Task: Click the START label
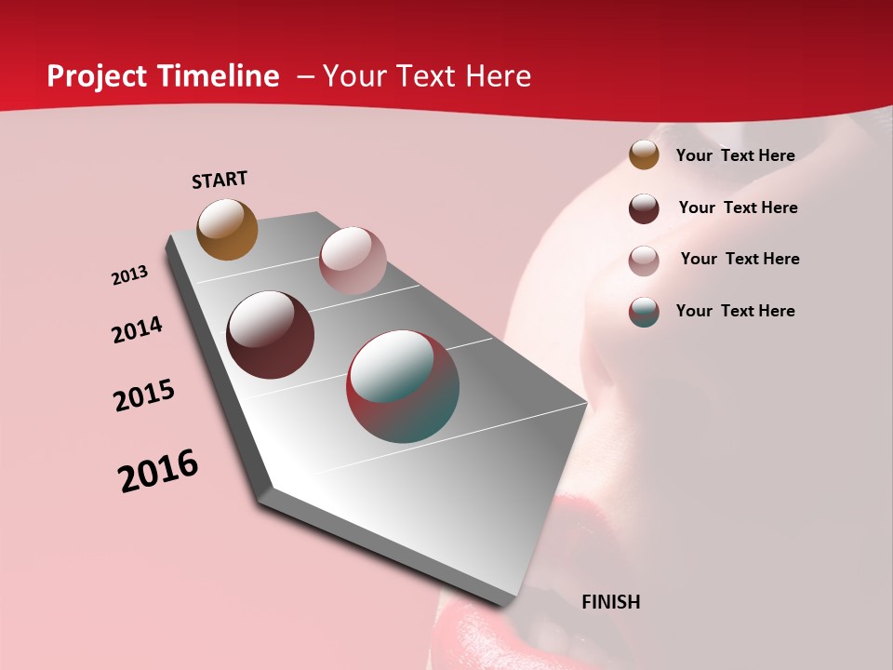[220, 180]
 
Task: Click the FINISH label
[610, 602]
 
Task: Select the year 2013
[129, 275]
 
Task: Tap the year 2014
[137, 329]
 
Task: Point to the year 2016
[158, 471]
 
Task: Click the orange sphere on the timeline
[227, 229]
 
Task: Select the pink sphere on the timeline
[352, 261]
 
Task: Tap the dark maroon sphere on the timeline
[270, 335]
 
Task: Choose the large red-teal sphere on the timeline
[403, 386]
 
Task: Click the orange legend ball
[644, 155]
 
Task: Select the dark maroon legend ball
[644, 208]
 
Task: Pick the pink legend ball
[644, 261]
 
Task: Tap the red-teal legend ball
[644, 312]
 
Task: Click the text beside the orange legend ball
[735, 155]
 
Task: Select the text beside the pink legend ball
[740, 259]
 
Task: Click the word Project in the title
[97, 76]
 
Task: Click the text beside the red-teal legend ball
[735, 311]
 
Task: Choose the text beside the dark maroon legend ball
[738, 208]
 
